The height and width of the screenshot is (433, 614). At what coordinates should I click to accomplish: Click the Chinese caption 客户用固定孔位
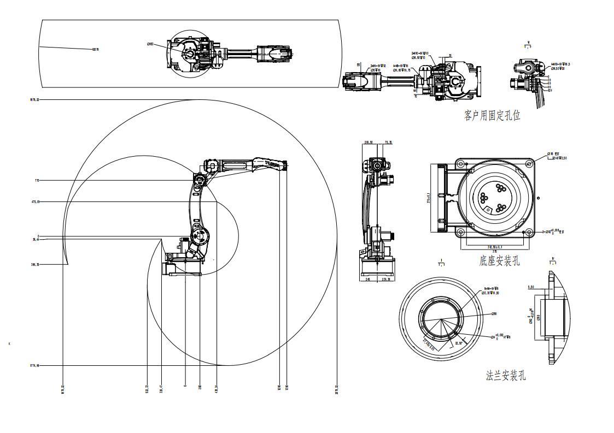(492, 116)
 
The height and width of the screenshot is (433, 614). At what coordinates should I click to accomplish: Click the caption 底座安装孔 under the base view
(500, 261)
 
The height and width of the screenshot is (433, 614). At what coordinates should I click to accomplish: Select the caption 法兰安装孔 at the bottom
(506, 376)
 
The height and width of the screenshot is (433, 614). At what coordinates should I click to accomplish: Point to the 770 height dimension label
(37, 180)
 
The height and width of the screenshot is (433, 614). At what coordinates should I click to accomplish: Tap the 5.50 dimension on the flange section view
(531, 287)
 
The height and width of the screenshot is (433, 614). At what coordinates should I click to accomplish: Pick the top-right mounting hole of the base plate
(529, 163)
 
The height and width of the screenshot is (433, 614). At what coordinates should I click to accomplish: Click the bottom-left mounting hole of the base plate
(461, 232)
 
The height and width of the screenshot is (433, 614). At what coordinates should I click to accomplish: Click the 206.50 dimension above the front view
(368, 143)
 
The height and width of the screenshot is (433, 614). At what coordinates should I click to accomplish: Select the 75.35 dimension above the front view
(388, 143)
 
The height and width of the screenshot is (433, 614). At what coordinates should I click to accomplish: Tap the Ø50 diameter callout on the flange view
(494, 314)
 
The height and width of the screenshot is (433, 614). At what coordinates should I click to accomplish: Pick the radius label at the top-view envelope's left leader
(94, 50)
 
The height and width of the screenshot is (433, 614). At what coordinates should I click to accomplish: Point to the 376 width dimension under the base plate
(494, 252)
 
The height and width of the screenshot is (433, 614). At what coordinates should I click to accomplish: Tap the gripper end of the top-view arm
(290, 53)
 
